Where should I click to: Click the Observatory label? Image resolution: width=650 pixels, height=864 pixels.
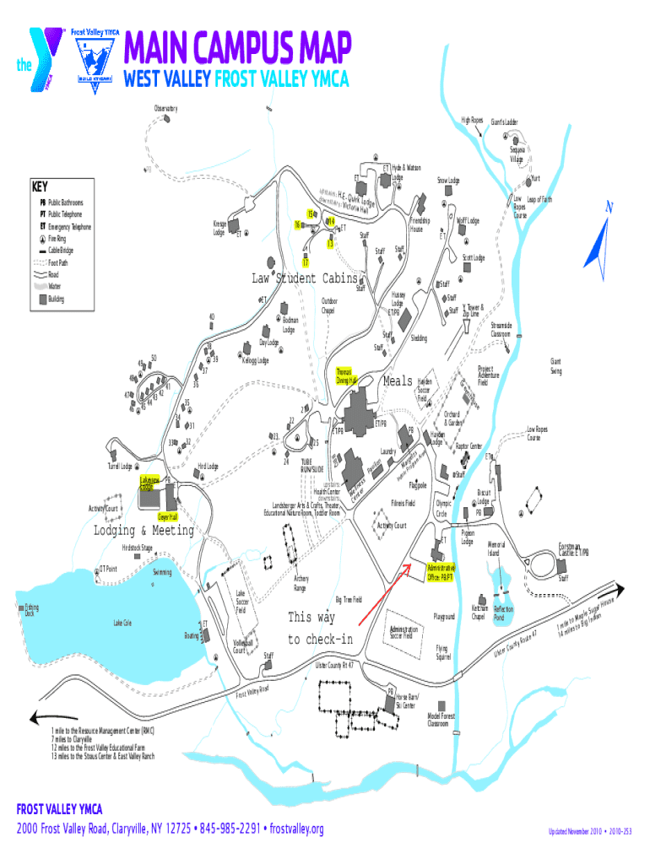tap(165, 108)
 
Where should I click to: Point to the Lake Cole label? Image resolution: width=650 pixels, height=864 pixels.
tap(122, 623)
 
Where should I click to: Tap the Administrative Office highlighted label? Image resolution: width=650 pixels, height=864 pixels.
tap(441, 573)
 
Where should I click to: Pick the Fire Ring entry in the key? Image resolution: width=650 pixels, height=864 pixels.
tap(60, 239)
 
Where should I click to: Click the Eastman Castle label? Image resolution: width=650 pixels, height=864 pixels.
tap(574, 548)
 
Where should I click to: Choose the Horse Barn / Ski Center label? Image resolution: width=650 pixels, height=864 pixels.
tap(406, 700)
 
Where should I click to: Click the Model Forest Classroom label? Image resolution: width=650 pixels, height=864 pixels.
tap(441, 720)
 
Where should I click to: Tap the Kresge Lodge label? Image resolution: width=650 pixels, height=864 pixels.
tap(219, 227)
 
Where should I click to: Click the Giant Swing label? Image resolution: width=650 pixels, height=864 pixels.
tap(556, 367)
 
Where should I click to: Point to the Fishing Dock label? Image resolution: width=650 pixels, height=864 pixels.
tap(31, 609)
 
